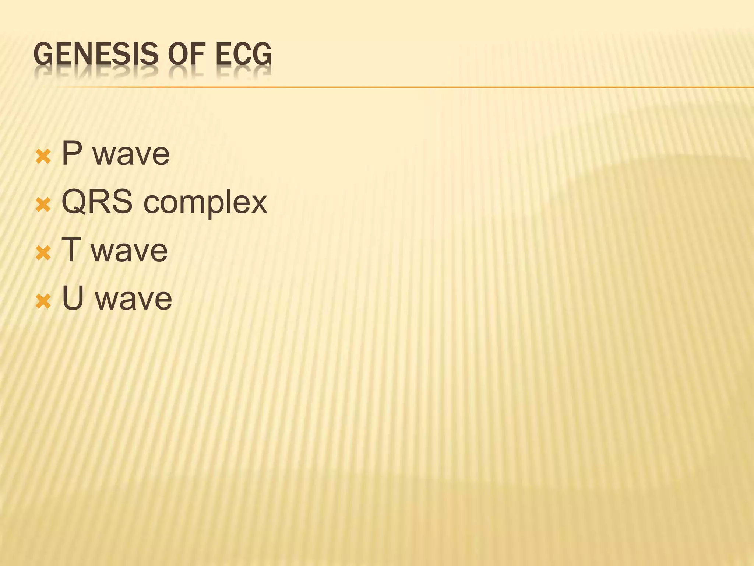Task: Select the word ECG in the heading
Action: point(243,54)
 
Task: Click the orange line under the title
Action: point(405,87)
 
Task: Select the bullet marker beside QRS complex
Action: point(43,205)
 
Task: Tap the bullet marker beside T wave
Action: point(43,253)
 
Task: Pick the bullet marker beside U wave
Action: point(43,301)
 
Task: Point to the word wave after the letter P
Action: point(131,154)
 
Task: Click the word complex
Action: point(205,204)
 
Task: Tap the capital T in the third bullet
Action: point(71,250)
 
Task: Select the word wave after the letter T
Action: point(129,251)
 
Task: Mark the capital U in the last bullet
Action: point(73,298)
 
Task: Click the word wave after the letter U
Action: point(133,299)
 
